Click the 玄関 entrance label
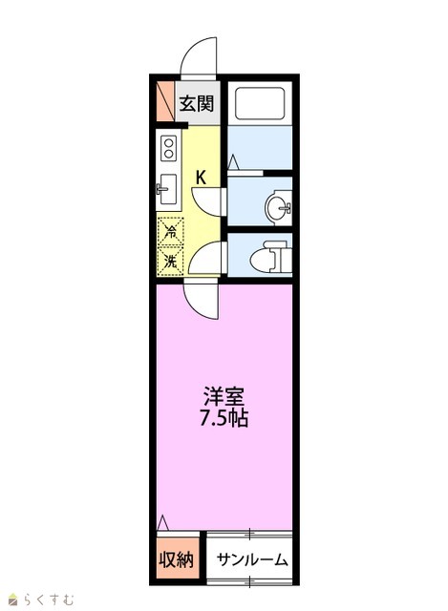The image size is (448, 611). (x=197, y=104)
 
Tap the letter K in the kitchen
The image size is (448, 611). (x=201, y=178)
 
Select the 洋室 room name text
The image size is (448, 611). (x=224, y=397)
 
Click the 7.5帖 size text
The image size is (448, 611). (x=224, y=418)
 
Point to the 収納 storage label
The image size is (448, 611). (x=176, y=560)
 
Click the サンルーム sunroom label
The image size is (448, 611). (x=252, y=560)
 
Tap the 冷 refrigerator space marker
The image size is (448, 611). (x=170, y=232)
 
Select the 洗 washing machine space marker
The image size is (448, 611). (x=170, y=261)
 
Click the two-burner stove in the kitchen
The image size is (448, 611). (x=169, y=149)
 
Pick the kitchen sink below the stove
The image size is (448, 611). (x=167, y=189)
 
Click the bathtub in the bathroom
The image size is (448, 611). (x=260, y=103)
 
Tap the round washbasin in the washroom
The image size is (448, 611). (x=278, y=207)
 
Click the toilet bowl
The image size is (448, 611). (x=266, y=260)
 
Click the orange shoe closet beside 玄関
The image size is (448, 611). (x=165, y=101)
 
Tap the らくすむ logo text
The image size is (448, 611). (x=49, y=599)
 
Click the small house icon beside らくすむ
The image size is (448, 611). (x=14, y=599)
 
